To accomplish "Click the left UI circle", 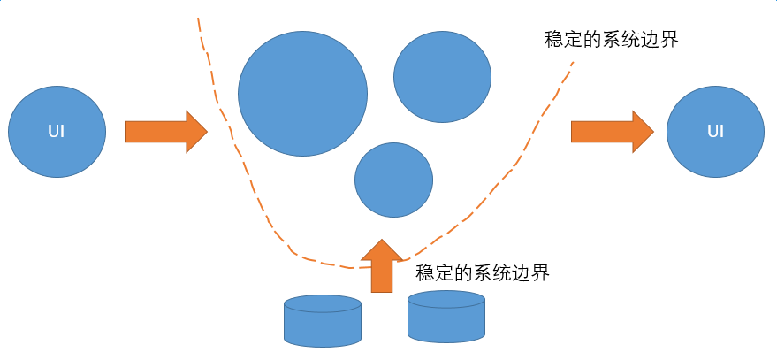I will click(57, 132).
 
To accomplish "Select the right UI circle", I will click(715, 132).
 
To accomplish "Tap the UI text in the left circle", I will click(57, 132).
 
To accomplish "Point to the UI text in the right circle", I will click(715, 132).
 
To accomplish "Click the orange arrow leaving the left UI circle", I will click(164, 132).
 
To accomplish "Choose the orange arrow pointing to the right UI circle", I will click(611, 132).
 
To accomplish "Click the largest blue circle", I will click(302, 93).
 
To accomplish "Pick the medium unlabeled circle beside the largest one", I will click(442, 78).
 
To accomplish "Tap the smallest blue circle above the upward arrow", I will click(393, 180).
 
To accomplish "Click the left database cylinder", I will click(323, 321).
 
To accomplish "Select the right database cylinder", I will click(446, 317).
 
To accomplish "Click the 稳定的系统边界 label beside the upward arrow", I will click(483, 272).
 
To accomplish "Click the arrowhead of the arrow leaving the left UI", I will click(195, 132).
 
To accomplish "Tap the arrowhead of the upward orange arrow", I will click(382, 249).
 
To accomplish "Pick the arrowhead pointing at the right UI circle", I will click(642, 132).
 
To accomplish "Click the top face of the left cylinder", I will click(323, 303).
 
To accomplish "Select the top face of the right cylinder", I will click(446, 299).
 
